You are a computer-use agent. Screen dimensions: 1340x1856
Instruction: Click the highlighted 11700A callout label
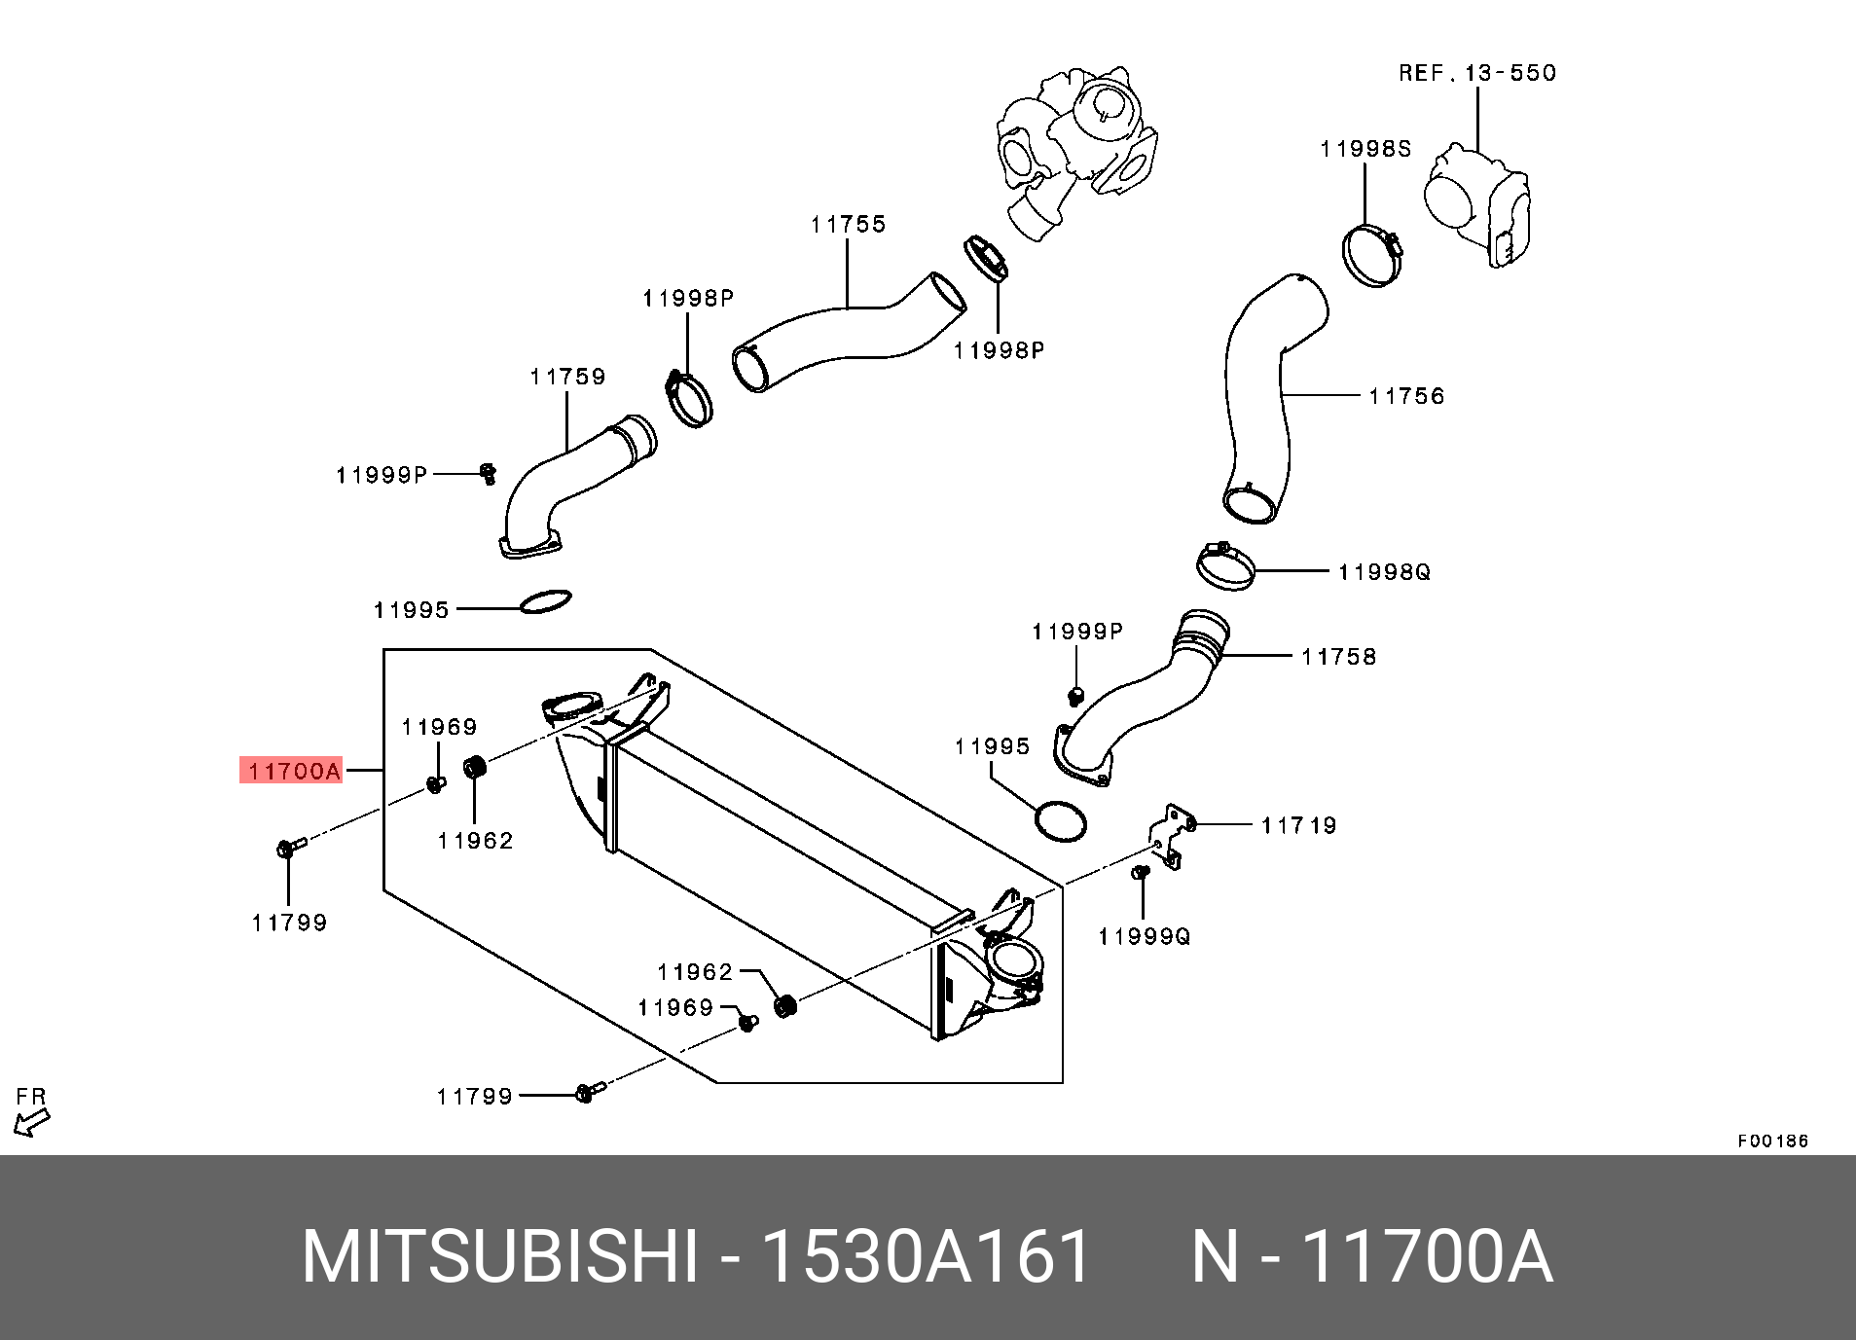click(292, 771)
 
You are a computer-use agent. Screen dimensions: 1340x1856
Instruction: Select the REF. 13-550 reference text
click(1476, 73)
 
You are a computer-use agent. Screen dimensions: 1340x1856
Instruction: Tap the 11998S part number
click(1365, 149)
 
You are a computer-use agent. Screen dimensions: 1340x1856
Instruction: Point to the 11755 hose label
click(848, 225)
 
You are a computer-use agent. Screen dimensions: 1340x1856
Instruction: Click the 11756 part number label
click(1406, 396)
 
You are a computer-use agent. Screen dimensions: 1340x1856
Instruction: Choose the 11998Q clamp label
click(1384, 572)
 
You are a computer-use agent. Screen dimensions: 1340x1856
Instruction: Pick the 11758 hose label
click(1338, 657)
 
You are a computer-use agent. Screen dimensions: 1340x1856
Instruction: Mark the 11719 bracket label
click(1298, 826)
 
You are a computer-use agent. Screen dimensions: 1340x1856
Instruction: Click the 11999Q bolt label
click(1144, 936)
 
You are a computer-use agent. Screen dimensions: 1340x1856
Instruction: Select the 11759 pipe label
click(567, 377)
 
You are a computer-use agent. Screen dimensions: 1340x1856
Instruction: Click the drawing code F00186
click(1772, 1141)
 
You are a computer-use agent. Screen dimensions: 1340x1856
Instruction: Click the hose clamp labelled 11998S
click(1371, 254)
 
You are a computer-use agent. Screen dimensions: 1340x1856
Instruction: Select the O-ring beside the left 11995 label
click(546, 601)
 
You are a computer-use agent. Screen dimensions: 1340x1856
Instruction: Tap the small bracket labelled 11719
click(1172, 835)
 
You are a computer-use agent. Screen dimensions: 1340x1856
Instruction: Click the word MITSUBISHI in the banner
click(499, 1257)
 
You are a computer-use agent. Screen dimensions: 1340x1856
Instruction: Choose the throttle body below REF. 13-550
click(1477, 204)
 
